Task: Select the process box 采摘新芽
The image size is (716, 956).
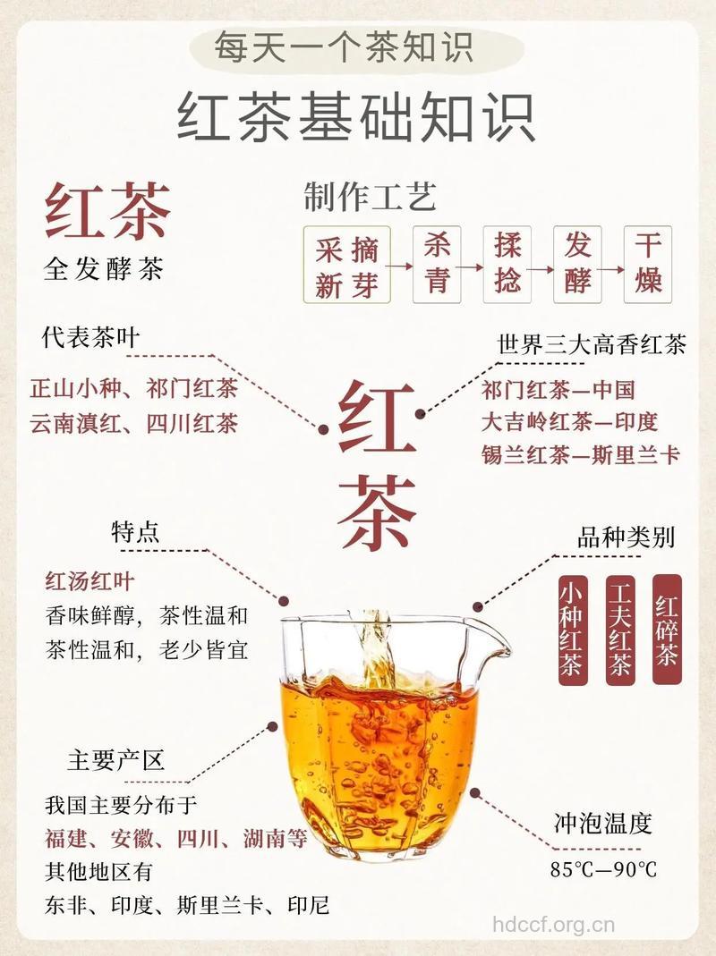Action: point(347,264)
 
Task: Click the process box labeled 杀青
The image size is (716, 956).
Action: point(437,264)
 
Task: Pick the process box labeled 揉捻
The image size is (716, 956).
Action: point(507,264)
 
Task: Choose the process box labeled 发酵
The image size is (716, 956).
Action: point(578,264)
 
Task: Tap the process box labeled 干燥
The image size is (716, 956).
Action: point(648,264)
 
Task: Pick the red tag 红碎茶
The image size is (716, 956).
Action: point(667,629)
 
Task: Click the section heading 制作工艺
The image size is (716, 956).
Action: point(370,197)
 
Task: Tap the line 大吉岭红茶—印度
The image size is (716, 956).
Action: point(569,421)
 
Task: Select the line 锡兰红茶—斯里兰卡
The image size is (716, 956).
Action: point(581,454)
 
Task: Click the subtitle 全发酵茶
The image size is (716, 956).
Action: point(104,269)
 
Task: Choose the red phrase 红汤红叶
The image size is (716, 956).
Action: point(89,582)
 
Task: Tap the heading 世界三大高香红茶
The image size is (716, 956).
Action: point(592,344)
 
